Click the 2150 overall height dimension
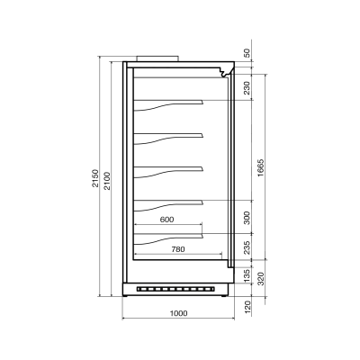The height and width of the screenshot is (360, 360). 95,178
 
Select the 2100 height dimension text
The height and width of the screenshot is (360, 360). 107,181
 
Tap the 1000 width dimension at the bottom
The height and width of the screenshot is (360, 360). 178,313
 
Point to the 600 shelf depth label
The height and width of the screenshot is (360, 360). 166,220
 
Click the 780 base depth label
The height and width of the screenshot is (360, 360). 178,249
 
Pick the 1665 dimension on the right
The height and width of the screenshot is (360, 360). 260,167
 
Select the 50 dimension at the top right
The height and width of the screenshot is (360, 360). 247,53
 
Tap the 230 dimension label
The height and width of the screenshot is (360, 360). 247,87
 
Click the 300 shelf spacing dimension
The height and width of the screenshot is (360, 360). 247,218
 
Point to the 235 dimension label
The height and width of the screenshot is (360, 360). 247,247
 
